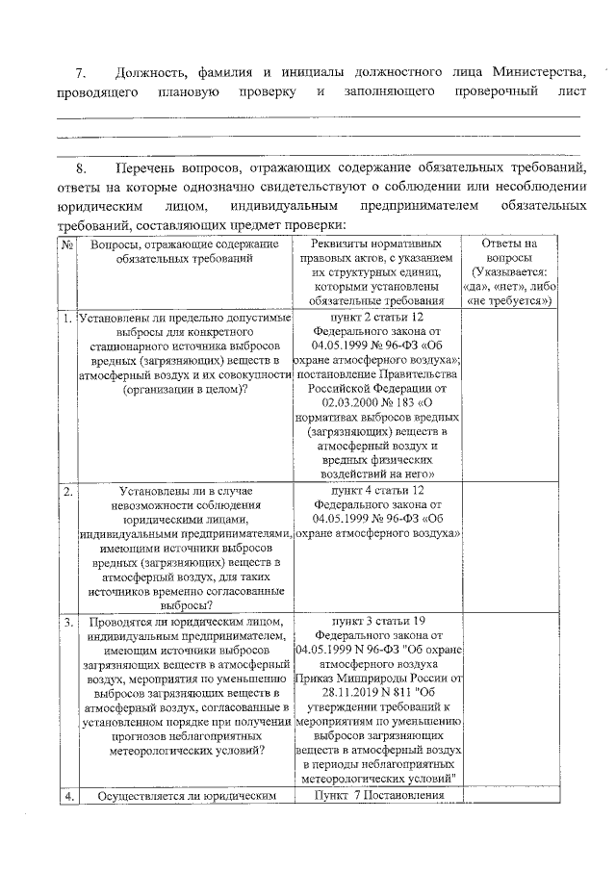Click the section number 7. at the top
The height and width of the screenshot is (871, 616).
coord(82,73)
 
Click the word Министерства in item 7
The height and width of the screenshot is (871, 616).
coord(534,73)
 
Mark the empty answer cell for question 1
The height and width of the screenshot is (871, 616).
coord(508,395)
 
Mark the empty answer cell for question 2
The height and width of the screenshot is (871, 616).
coord(508,549)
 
